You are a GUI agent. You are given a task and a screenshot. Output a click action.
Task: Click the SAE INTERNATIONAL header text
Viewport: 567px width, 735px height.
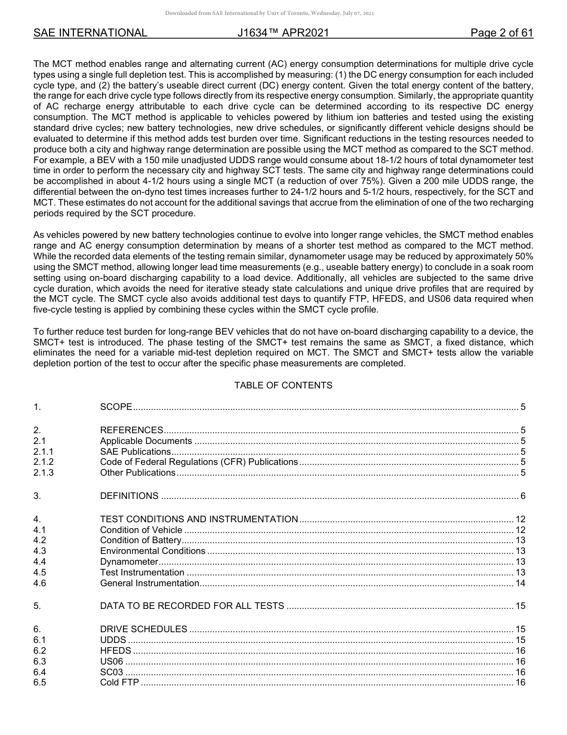(90, 33)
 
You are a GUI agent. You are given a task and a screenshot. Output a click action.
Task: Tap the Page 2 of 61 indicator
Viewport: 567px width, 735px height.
(501, 33)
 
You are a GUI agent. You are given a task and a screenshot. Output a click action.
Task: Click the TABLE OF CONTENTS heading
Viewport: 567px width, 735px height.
(283, 385)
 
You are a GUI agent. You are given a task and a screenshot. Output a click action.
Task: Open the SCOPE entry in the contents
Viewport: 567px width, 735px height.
(116, 407)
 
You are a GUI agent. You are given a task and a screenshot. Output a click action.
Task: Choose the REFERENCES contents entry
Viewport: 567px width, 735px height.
(131, 430)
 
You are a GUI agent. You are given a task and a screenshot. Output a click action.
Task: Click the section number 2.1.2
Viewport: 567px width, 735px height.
(44, 462)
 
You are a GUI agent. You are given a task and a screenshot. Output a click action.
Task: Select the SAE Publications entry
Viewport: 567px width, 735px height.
(135, 452)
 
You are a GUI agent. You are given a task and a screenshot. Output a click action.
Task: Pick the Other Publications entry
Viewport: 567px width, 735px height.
(138, 473)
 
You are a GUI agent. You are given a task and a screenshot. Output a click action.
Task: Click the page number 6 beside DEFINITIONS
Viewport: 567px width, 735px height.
(523, 496)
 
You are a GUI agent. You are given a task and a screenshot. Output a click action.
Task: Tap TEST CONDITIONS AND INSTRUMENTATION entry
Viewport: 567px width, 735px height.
(199, 519)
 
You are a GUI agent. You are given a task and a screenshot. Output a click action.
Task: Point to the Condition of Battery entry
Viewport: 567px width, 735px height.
(140, 540)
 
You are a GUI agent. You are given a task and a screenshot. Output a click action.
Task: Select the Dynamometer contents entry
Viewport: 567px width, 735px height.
(129, 562)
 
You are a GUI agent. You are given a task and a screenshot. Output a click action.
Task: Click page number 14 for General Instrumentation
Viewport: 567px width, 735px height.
(520, 583)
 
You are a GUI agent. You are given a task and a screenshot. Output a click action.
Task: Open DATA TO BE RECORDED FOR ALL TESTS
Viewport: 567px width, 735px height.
(192, 606)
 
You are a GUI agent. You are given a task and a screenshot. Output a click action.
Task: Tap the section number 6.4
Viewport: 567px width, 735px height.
(40, 672)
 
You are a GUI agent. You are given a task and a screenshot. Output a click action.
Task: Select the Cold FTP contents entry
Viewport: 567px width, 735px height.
(119, 682)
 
